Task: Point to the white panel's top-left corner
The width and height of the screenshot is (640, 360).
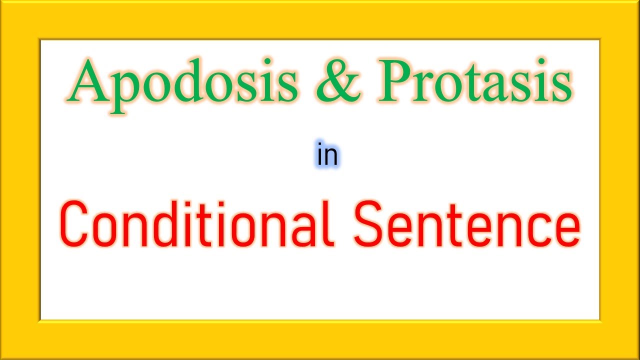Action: coord(41,40)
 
